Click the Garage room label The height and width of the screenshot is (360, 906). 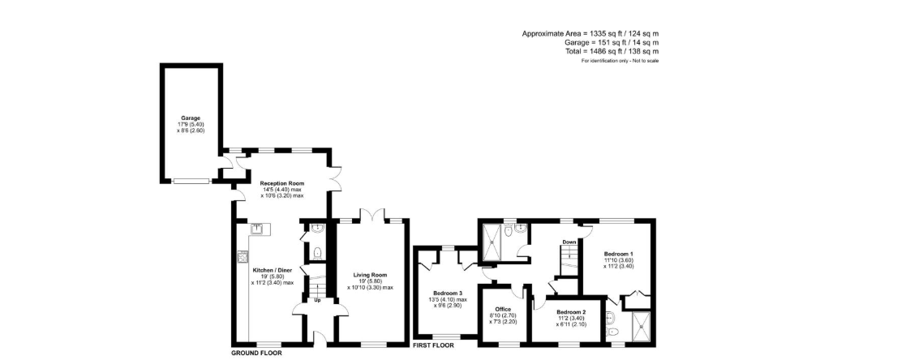click(191, 118)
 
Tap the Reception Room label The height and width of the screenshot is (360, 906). click(282, 183)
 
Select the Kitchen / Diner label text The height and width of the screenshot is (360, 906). click(273, 270)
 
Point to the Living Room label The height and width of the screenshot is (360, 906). click(370, 275)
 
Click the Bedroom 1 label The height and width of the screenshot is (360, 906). click(619, 254)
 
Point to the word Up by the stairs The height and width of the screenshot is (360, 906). click(317, 300)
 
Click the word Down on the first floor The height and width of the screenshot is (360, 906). click(569, 242)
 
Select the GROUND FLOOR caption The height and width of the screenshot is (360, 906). click(256, 353)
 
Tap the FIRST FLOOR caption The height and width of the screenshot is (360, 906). click(433, 345)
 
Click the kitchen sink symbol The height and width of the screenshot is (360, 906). click(258, 229)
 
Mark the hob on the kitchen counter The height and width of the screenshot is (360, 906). click(243, 256)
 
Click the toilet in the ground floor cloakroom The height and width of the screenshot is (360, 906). click(317, 252)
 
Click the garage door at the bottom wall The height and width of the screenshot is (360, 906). click(191, 181)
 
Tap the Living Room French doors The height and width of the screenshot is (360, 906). click(372, 215)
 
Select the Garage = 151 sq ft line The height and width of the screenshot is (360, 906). click(612, 42)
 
